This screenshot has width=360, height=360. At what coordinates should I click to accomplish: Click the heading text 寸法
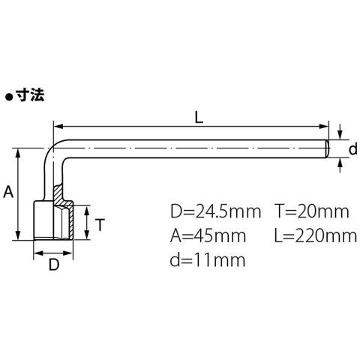(30, 95)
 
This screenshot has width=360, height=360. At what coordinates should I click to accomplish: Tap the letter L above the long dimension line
(199, 117)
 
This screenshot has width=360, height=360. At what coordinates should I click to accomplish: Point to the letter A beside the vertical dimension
(8, 192)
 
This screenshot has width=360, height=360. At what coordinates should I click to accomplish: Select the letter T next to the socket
(100, 224)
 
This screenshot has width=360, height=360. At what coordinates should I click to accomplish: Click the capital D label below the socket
(54, 265)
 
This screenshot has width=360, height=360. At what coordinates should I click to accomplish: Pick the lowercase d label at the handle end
(352, 149)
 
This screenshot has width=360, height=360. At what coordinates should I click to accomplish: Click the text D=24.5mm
(215, 211)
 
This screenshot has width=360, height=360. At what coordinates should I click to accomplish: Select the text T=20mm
(312, 211)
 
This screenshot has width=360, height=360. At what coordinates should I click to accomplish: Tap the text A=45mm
(208, 236)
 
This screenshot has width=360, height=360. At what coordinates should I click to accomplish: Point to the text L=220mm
(316, 236)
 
